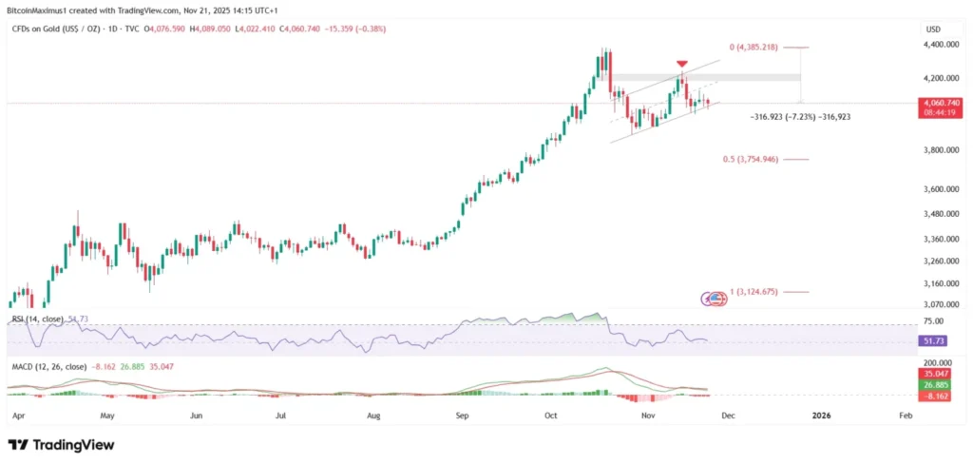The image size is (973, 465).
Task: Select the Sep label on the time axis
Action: [463, 416]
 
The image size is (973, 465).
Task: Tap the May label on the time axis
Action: [106, 416]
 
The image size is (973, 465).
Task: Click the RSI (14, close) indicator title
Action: [36, 320]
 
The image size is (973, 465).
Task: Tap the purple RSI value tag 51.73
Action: [935, 339]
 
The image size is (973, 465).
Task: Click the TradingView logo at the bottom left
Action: [61, 444]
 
